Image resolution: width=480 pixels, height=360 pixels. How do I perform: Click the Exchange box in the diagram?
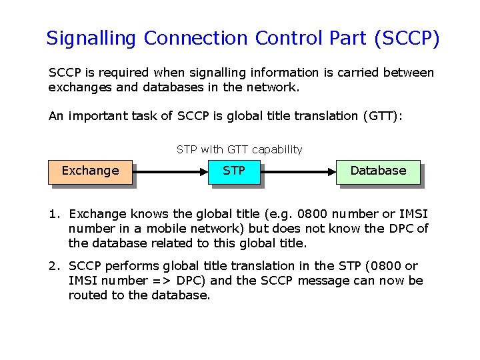coord(90,171)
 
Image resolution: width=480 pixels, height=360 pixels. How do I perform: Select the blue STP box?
coord(233,171)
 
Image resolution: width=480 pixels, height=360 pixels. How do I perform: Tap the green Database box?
coord(378,171)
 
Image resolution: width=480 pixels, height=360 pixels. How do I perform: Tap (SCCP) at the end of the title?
coord(407,39)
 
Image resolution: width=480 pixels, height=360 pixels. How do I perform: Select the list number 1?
coord(53,214)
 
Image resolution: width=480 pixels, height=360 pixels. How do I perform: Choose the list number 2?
coord(53,266)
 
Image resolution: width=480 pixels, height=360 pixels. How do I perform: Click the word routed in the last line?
coord(86,295)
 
